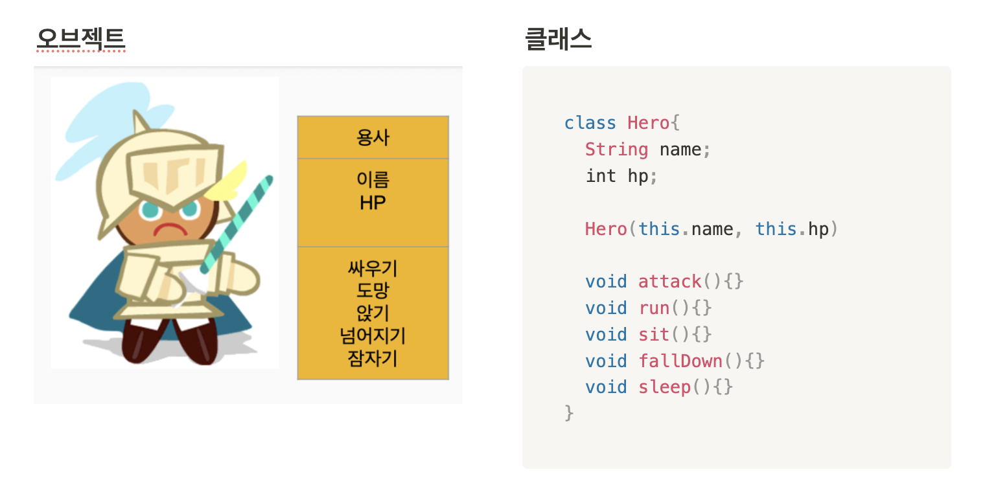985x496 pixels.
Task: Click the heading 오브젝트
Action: pyautogui.click(x=80, y=39)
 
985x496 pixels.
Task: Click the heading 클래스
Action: pyautogui.click(x=558, y=39)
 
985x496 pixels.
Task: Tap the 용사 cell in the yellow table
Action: pyautogui.click(x=373, y=137)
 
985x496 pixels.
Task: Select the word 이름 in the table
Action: pyautogui.click(x=373, y=179)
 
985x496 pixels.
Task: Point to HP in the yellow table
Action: pyautogui.click(x=373, y=203)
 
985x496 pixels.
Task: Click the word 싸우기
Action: pyautogui.click(x=373, y=267)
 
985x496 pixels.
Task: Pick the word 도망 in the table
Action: pyautogui.click(x=373, y=290)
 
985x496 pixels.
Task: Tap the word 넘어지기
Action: pyautogui.click(x=373, y=335)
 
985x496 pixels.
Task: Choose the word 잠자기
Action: pyautogui.click(x=373, y=358)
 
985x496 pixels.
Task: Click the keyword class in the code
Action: pyautogui.click(x=590, y=123)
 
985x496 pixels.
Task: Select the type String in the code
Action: pyautogui.click(x=616, y=150)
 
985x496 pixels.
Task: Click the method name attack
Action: pyautogui.click(x=670, y=282)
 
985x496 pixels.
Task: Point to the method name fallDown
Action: pyautogui.click(x=680, y=361)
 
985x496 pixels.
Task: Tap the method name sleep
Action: pyautogui.click(x=665, y=387)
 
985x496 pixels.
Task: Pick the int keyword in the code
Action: pyautogui.click(x=601, y=176)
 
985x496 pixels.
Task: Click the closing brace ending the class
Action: pyautogui.click(x=569, y=412)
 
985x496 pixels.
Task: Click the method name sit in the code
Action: pyautogui.click(x=654, y=335)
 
